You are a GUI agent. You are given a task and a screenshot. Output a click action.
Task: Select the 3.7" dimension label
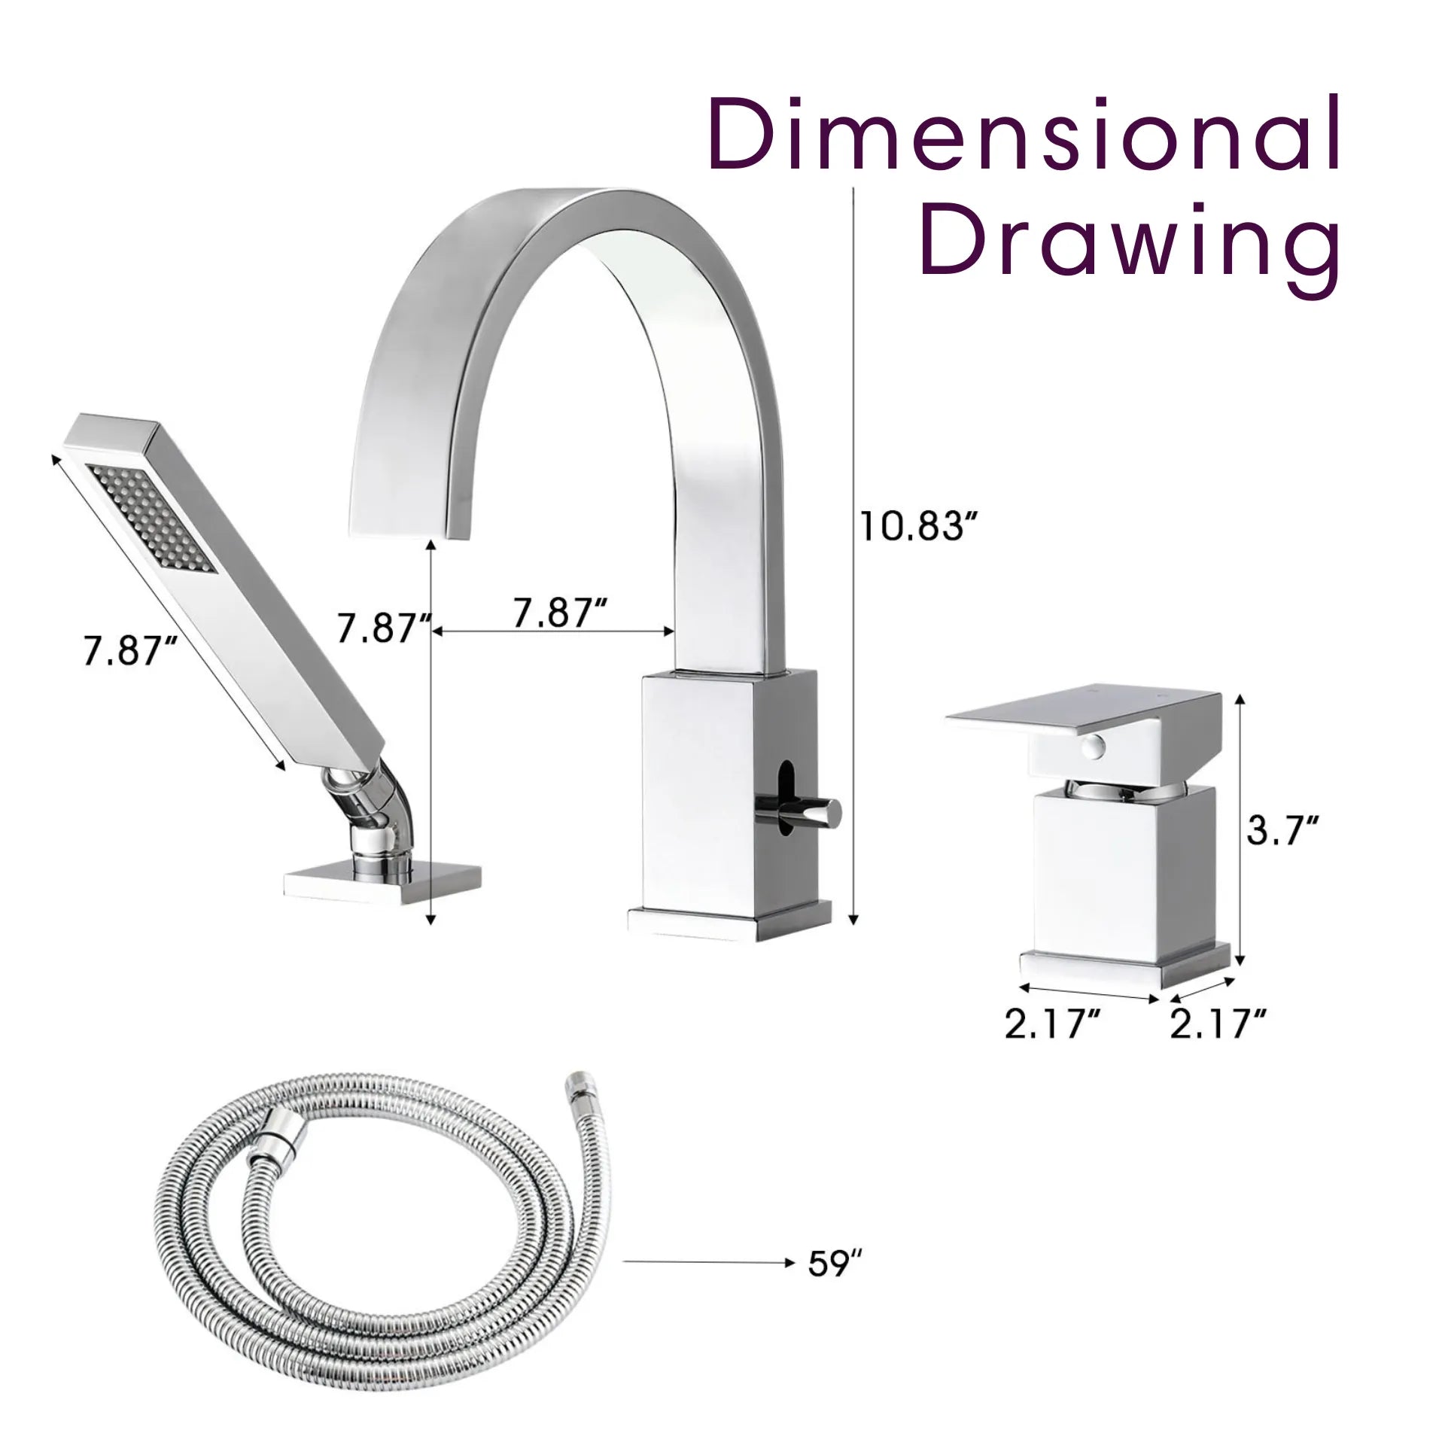(x=1282, y=833)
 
